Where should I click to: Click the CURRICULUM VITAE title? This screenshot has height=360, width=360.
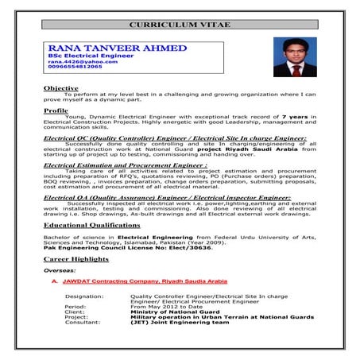pyautogui.click(x=180, y=25)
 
